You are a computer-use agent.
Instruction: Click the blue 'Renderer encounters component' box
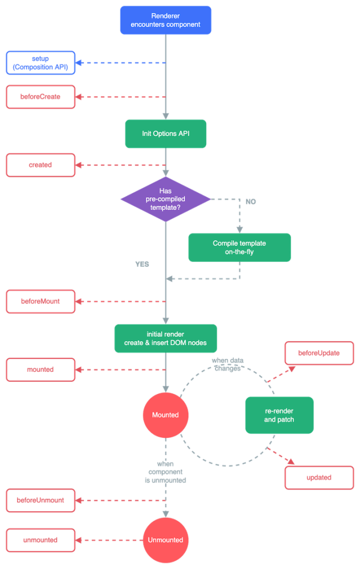tap(166, 20)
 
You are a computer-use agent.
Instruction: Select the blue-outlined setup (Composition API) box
tap(41, 63)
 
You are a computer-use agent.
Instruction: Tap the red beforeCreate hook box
tap(41, 96)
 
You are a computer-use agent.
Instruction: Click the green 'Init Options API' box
tap(166, 133)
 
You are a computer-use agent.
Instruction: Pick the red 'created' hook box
tap(41, 165)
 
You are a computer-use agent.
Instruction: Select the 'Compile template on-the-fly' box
tap(239, 247)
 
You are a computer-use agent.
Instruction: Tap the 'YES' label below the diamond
tap(143, 263)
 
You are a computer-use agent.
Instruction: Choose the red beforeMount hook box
tap(41, 301)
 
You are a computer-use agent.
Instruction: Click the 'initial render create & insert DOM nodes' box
tap(166, 338)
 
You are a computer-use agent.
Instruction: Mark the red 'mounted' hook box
tap(41, 370)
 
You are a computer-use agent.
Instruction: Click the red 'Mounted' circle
tap(166, 415)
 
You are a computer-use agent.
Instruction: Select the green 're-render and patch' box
tap(279, 415)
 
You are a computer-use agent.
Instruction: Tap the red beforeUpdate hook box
tap(318, 353)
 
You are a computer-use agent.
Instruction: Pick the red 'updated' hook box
tap(318, 477)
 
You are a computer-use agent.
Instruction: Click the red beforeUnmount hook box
tap(41, 500)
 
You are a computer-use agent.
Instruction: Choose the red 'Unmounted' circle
tap(166, 540)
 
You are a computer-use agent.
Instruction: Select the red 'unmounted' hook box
tap(41, 540)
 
